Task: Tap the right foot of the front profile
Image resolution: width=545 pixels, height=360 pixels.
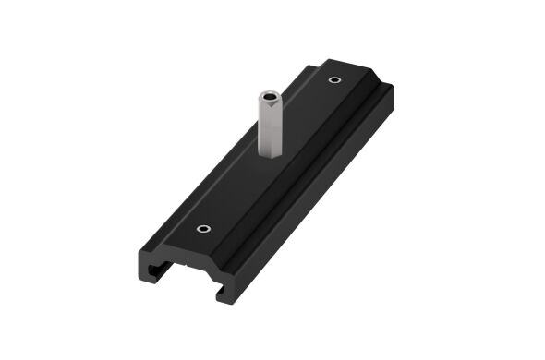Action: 224,294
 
